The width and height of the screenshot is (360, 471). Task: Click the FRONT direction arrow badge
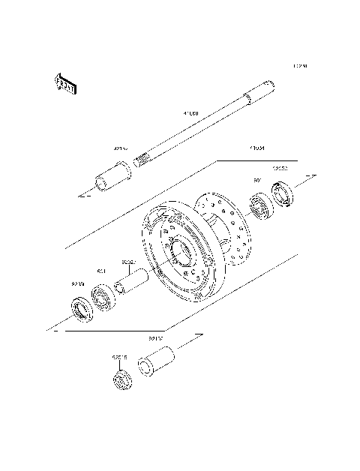(x=64, y=84)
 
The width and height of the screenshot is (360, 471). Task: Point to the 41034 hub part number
(x=237, y=149)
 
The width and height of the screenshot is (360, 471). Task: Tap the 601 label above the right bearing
(x=257, y=181)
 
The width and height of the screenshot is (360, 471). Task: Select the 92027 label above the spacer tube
(x=128, y=262)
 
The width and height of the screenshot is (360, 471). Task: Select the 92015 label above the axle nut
(x=119, y=358)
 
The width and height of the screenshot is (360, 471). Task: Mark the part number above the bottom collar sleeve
(x=155, y=339)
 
